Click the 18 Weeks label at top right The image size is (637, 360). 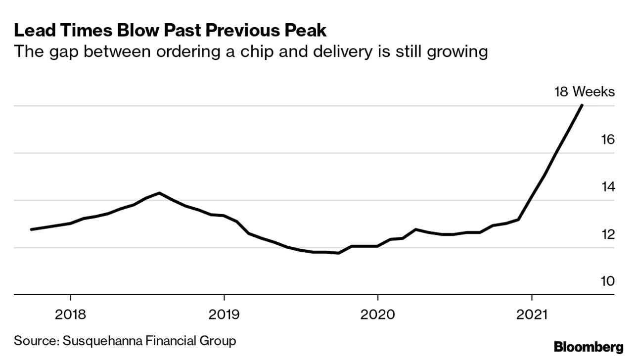(584, 92)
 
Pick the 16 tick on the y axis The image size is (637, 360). (608, 139)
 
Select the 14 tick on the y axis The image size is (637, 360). (608, 187)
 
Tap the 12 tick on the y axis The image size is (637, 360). (608, 234)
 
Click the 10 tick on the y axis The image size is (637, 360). (608, 281)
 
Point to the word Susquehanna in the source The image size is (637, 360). (104, 341)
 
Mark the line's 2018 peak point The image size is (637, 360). (159, 193)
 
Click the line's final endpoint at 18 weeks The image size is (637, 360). (582, 105)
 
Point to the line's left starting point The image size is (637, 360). (31, 229)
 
